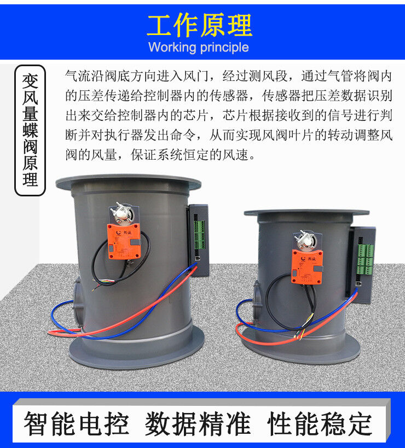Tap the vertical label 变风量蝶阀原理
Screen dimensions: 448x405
[x=31, y=131]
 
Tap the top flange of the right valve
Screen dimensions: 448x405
[x=306, y=212]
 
